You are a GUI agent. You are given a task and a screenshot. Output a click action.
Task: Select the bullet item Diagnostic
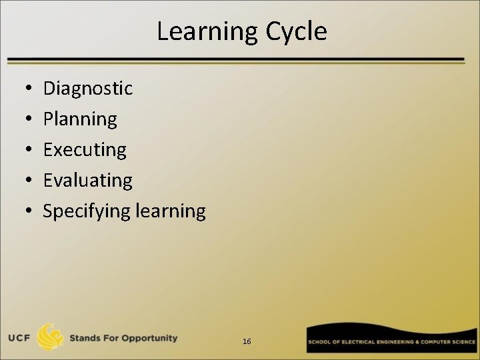click(87, 88)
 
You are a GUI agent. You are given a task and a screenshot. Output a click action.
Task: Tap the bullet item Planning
click(80, 119)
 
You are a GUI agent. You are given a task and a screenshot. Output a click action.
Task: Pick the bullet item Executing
click(85, 150)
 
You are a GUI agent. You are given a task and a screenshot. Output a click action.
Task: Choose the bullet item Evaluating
click(87, 180)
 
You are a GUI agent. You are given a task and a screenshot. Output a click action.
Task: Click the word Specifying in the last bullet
click(87, 211)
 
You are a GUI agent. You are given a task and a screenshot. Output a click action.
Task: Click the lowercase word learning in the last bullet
click(171, 211)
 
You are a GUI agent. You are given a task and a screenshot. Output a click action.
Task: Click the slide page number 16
click(247, 341)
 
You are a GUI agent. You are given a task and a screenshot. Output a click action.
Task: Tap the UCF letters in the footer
click(21, 338)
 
